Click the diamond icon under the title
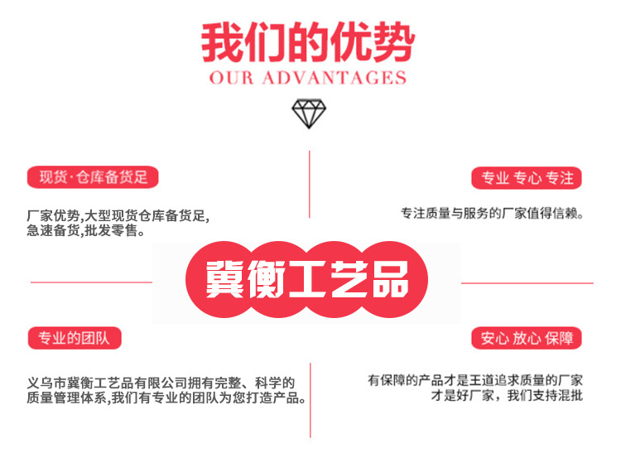[309, 113]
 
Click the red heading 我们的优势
[308, 42]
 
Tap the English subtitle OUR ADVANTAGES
[308, 78]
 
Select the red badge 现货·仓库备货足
[93, 177]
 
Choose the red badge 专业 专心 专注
[527, 178]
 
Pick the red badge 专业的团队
[75, 338]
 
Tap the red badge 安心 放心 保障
[527, 338]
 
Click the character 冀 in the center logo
[224, 279]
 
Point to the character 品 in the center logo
[390, 279]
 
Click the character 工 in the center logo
[308, 279]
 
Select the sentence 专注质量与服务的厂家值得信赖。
[492, 214]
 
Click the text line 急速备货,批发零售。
[85, 230]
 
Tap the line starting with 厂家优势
[118, 216]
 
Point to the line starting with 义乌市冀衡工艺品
[161, 383]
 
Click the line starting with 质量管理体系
[166, 398]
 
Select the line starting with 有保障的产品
[475, 380]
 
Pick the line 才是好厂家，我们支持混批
[507, 395]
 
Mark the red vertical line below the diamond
[310, 184]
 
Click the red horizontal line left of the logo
[91, 282]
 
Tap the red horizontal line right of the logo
[527, 283]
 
